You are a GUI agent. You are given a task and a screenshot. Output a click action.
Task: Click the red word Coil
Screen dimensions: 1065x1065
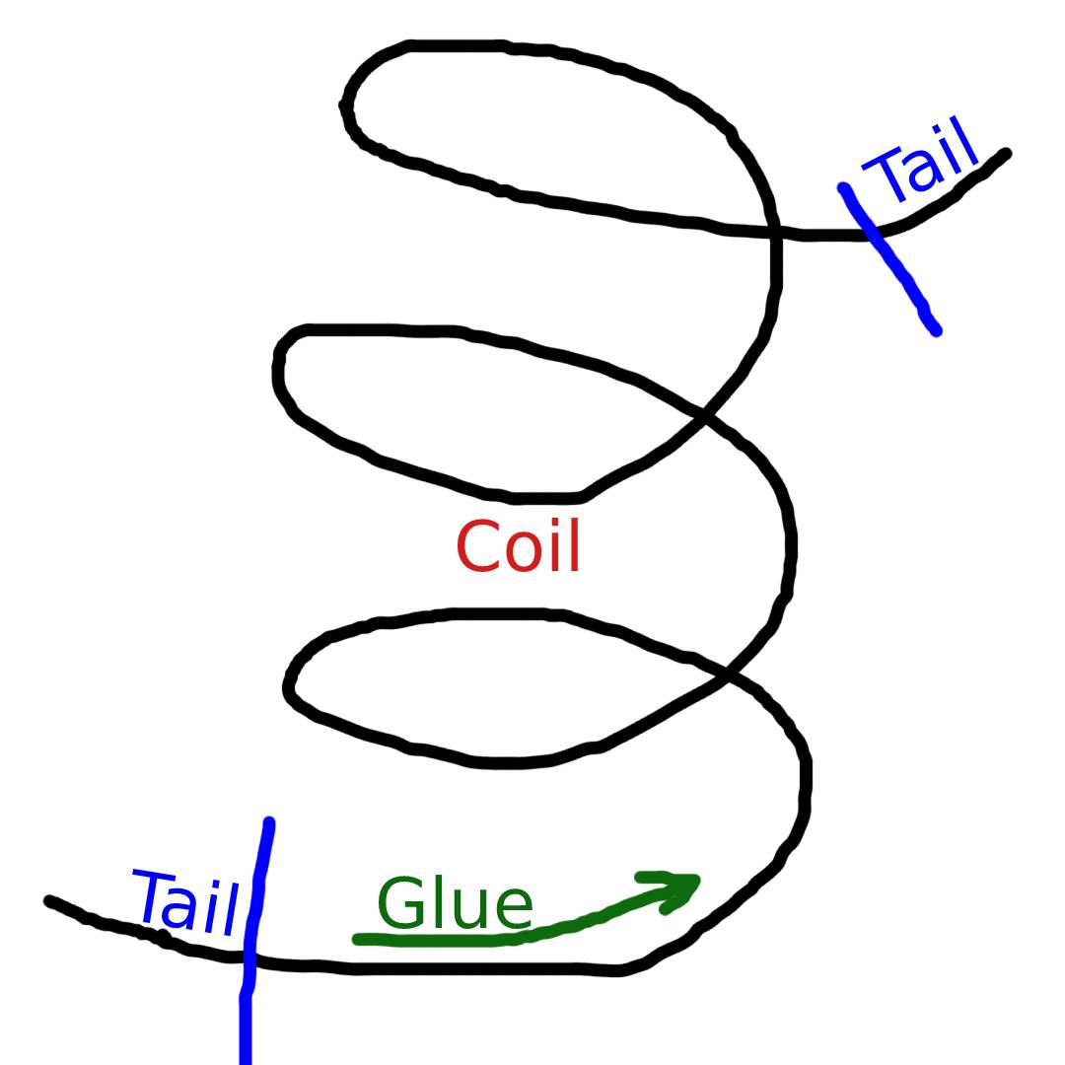click(x=519, y=547)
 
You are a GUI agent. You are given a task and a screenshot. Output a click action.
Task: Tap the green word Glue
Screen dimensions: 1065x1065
click(x=455, y=904)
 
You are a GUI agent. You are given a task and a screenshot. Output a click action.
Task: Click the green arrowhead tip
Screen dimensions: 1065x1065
click(x=696, y=879)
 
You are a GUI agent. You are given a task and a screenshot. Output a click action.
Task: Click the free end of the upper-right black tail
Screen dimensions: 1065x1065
click(x=1006, y=153)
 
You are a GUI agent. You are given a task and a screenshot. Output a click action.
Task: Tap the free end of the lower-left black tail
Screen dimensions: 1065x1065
click(x=48, y=900)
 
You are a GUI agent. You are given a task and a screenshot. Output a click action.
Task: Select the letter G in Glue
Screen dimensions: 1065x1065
click(x=398, y=904)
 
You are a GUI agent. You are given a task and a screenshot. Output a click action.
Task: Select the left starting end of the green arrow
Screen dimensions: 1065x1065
click(x=357, y=940)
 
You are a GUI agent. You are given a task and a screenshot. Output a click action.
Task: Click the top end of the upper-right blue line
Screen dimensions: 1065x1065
click(x=843, y=186)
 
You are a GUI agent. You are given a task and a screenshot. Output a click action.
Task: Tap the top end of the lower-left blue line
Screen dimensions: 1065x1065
click(x=269, y=820)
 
